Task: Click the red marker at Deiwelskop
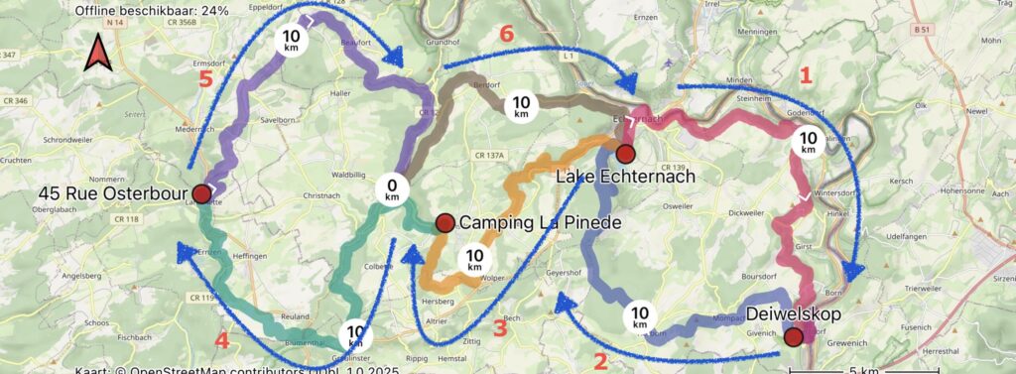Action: [794, 337]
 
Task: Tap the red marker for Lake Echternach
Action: [625, 153]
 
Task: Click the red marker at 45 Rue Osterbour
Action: [201, 192]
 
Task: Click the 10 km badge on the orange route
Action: [474, 260]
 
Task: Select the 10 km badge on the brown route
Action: [522, 105]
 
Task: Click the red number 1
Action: [806, 74]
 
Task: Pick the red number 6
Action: [506, 34]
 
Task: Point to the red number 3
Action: [500, 327]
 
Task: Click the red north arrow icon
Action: [97, 53]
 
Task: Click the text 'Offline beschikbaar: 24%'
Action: [151, 11]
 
